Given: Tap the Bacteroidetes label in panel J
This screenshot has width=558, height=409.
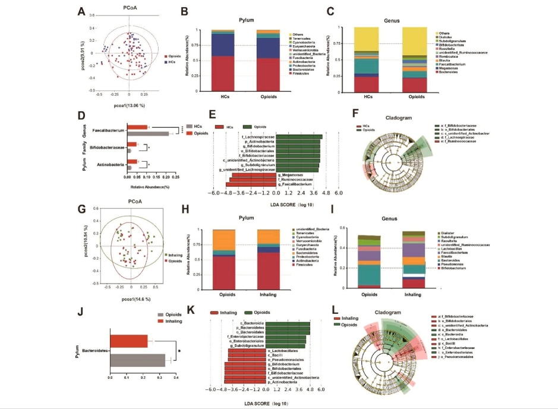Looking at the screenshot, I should point(94,351).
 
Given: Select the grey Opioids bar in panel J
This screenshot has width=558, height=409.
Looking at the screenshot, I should point(137,360).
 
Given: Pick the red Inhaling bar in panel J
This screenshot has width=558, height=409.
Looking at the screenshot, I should point(128,341).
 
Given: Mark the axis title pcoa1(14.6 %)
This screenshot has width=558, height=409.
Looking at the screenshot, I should point(132,298).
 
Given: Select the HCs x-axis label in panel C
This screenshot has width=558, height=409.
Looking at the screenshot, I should point(369,96).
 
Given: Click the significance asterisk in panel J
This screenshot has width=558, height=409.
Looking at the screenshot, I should point(179,350).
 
